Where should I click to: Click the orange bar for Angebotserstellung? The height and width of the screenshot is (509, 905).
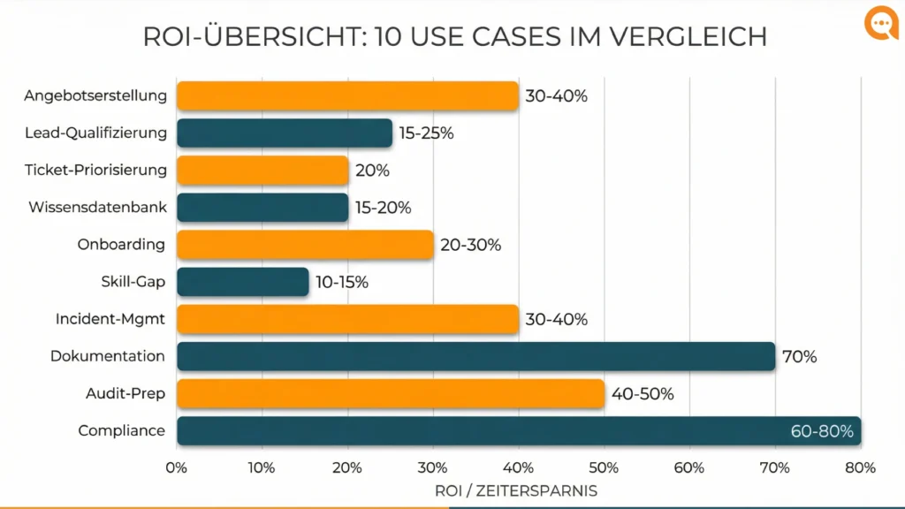[x=347, y=95]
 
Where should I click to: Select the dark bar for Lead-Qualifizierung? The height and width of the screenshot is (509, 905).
[x=284, y=133]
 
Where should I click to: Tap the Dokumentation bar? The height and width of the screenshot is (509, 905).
[x=475, y=356]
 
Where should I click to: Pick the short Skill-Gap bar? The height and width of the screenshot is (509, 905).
[x=242, y=282]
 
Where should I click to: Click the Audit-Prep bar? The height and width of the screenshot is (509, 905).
[x=391, y=394]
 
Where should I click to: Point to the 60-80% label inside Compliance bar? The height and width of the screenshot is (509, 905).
[x=822, y=431]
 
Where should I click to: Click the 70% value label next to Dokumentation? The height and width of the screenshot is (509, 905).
[x=799, y=357]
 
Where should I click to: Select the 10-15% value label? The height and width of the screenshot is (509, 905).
[x=342, y=283]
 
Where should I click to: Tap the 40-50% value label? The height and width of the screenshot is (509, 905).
[x=643, y=394]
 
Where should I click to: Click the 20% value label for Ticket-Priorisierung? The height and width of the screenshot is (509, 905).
[x=372, y=171]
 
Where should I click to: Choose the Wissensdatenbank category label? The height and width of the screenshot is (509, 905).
[x=97, y=208]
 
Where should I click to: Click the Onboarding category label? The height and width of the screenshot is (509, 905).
[x=121, y=245]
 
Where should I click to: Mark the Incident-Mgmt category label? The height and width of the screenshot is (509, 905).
[x=110, y=319]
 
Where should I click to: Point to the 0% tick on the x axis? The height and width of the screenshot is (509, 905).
[x=177, y=467]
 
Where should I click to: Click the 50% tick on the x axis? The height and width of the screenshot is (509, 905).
[x=604, y=467]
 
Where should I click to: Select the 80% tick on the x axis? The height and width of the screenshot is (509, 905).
[x=860, y=467]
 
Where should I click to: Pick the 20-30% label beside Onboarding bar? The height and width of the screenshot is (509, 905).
[x=470, y=245]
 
